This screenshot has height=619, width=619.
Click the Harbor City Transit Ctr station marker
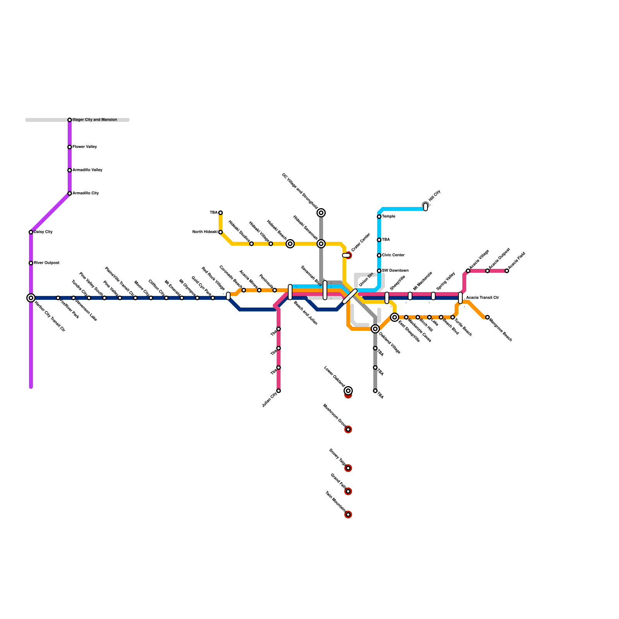31,298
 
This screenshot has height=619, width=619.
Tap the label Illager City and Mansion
95,120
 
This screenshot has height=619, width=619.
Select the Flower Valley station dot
70,147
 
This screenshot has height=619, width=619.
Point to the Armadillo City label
85,193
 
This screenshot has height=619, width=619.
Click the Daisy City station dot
31,232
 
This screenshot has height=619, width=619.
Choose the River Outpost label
46,263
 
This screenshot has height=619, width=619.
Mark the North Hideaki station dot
221,232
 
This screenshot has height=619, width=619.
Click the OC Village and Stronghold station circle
321,213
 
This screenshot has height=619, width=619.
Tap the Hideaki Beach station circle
290,244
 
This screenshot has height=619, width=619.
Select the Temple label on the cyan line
388,217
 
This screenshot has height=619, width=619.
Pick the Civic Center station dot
379,255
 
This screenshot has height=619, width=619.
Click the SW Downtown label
395,271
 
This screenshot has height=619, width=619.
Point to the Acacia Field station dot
507,271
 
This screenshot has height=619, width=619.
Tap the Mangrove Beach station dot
487,317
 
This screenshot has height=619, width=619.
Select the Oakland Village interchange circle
375,329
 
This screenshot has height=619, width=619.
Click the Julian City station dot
279,391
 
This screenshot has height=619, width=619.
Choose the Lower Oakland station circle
348,391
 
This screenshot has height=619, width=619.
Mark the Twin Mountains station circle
348,515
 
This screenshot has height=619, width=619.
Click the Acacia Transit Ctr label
482,298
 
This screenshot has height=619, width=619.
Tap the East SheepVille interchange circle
395,317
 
